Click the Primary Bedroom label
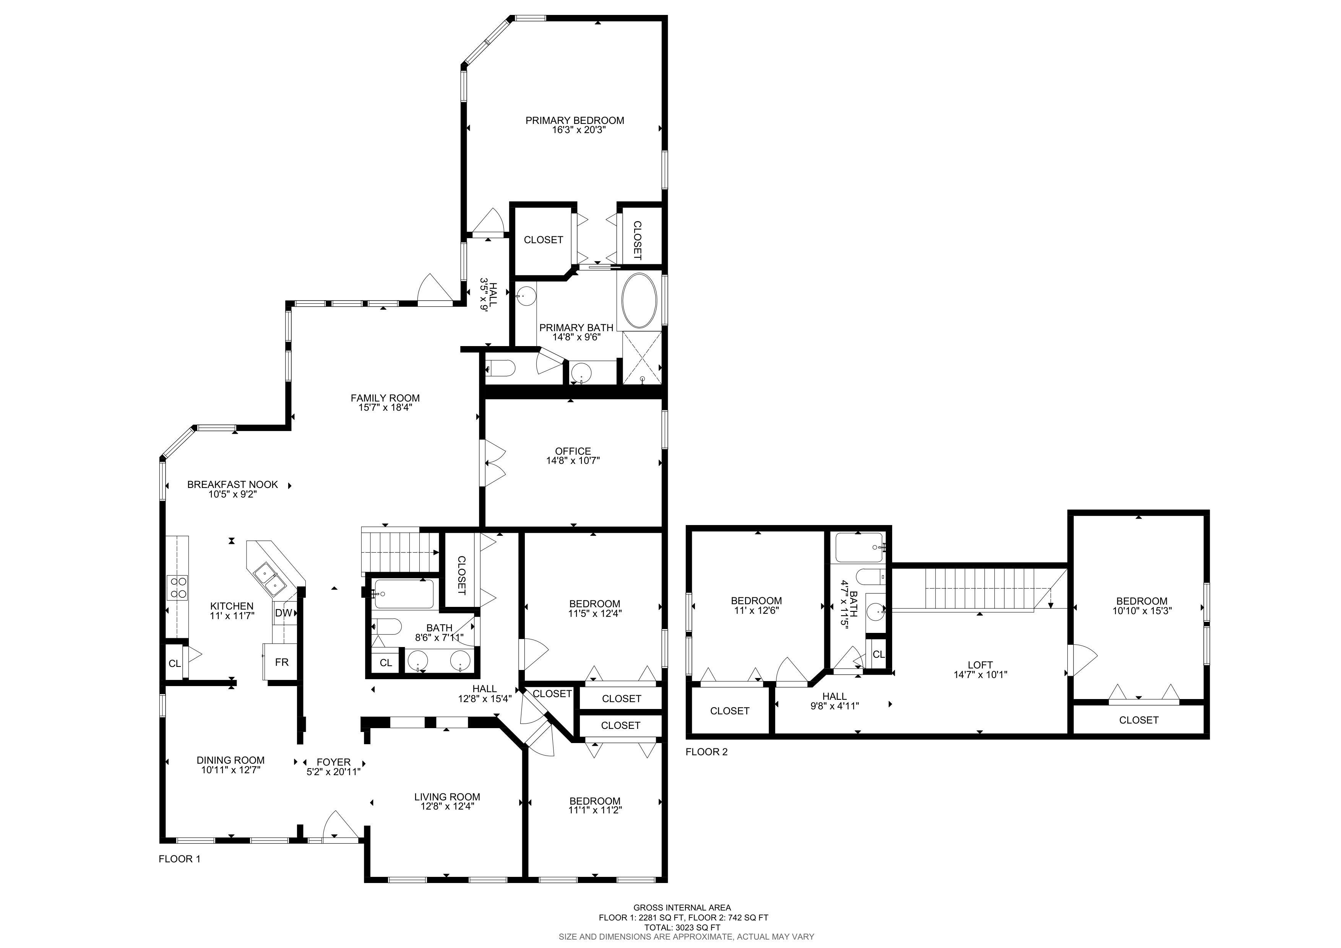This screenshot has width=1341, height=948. pyautogui.click(x=575, y=120)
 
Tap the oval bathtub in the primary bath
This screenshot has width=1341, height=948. pyautogui.click(x=640, y=300)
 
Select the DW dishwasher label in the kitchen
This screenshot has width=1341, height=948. pyautogui.click(x=283, y=613)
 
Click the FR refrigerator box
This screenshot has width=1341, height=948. pyautogui.click(x=281, y=662)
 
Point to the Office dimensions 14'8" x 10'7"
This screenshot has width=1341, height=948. pyautogui.click(x=573, y=460)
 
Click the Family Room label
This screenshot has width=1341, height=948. pyautogui.click(x=385, y=398)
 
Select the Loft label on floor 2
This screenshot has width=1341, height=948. pyautogui.click(x=980, y=665)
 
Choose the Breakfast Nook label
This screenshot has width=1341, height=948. pyautogui.click(x=232, y=484)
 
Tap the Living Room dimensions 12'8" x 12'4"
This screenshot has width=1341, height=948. pyautogui.click(x=447, y=806)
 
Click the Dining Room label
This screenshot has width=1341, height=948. pyautogui.click(x=231, y=760)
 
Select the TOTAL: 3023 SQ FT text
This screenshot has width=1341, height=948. pyautogui.click(x=682, y=927)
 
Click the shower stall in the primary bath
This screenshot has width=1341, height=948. pyautogui.click(x=642, y=358)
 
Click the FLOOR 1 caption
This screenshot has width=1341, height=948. pyautogui.click(x=179, y=859)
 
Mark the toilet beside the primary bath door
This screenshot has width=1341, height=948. pyautogui.click(x=500, y=368)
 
